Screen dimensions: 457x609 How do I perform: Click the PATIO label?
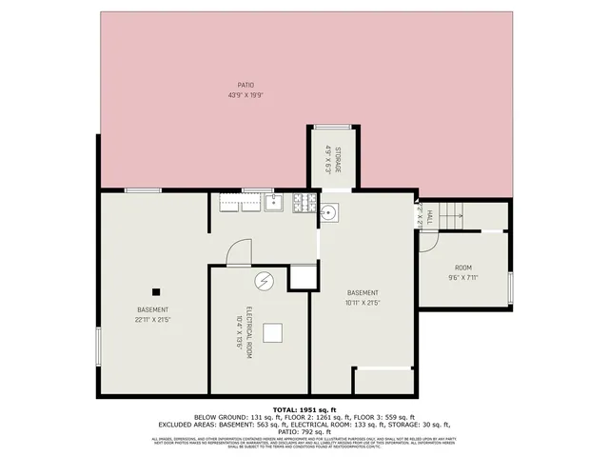(x=246, y=85)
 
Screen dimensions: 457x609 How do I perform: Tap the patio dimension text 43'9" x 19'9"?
(x=246, y=95)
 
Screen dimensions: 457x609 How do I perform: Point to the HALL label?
(x=429, y=217)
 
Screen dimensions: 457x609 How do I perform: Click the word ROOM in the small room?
(x=463, y=268)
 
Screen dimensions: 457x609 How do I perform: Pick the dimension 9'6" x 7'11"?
(x=463, y=278)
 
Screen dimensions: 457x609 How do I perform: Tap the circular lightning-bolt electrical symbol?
(x=264, y=281)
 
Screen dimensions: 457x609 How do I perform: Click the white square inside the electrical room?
(x=273, y=332)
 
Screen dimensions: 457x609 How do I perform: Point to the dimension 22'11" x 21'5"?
(x=153, y=320)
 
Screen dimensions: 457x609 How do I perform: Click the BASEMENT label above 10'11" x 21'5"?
(x=363, y=292)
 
